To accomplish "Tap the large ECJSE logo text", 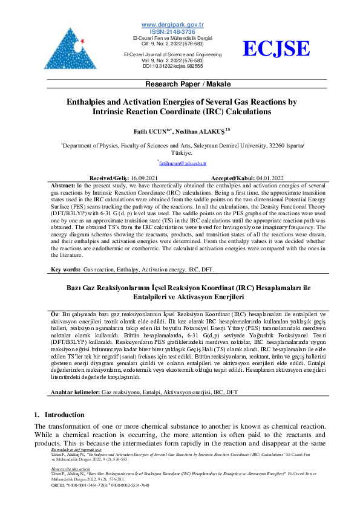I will (277, 49).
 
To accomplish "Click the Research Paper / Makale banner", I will (180, 83).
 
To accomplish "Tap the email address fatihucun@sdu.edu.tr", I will (182, 163).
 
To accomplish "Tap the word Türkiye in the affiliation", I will (180, 153).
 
